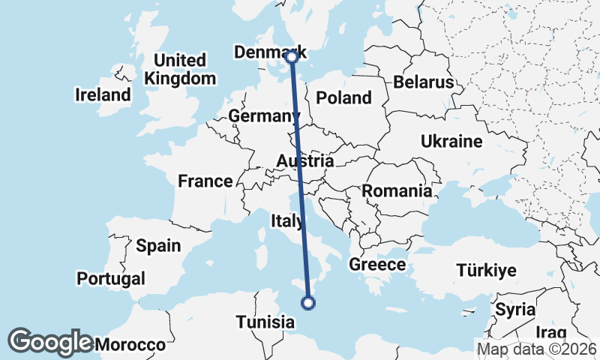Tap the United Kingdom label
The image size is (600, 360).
tap(180, 69)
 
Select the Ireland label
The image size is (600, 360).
tap(103, 95)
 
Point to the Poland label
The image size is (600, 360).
tap(343, 97)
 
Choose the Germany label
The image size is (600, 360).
tap(264, 116)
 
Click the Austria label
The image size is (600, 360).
tap(304, 161)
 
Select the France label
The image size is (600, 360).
tap(205, 181)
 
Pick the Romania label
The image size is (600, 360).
tap(397, 191)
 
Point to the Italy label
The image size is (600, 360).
tap(288, 220)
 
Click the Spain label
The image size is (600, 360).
tap(158, 245)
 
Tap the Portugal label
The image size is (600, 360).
tap(111, 278)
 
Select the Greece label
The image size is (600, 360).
tap(376, 264)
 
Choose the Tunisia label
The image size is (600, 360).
tap(265, 322)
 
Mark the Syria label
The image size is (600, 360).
tap(514, 309)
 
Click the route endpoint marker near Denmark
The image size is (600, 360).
tap(292, 56)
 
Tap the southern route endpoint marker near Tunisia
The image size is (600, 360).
tap(307, 303)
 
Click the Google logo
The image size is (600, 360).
tap(51, 342)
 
